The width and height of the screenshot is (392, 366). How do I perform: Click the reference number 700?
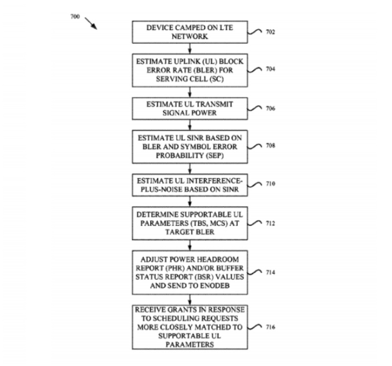[x=75, y=17]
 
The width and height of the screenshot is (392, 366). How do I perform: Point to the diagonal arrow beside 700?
[x=91, y=23]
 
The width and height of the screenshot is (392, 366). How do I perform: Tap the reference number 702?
[x=270, y=32]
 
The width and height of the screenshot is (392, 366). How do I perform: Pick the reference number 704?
[x=270, y=69]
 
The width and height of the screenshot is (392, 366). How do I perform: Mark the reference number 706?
[x=270, y=108]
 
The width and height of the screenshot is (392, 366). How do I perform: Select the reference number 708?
[x=270, y=145]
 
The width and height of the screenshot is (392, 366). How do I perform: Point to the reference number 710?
[x=270, y=183]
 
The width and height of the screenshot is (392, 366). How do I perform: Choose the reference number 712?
[x=270, y=223]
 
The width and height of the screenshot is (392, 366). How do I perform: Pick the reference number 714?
[x=270, y=272]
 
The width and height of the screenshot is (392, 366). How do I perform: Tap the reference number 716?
[x=270, y=327]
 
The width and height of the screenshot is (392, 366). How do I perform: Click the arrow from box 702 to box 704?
[x=190, y=48]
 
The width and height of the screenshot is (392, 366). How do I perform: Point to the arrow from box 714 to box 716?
[x=190, y=300]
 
